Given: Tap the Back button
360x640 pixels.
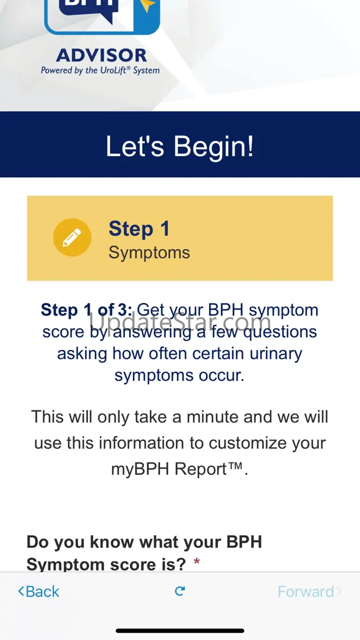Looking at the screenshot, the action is pyautogui.click(x=39, y=592).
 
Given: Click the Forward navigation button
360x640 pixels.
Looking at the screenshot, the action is pyautogui.click(x=309, y=592).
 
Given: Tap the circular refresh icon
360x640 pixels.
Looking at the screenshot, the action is pyautogui.click(x=180, y=591).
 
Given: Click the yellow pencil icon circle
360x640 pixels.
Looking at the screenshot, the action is pyautogui.click(x=72, y=238).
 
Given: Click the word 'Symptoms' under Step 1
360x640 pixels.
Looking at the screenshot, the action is pyautogui.click(x=149, y=253).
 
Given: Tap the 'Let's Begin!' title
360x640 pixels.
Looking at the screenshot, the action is pyautogui.click(x=180, y=146).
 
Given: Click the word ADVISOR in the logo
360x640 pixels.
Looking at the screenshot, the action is pyautogui.click(x=102, y=55).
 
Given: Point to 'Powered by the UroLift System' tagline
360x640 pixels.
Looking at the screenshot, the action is pyautogui.click(x=100, y=70).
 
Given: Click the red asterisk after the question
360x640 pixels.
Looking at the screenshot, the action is pyautogui.click(x=197, y=562).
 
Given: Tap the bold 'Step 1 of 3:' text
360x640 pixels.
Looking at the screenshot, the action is pyautogui.click(x=87, y=310).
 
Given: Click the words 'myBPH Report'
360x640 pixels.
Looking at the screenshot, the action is pyautogui.click(x=177, y=469).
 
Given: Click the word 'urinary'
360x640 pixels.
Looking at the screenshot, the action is pyautogui.click(x=276, y=354).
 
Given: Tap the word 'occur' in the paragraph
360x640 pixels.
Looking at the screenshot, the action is pyautogui.click(x=220, y=375).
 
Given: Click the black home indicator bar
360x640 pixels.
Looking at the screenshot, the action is pyautogui.click(x=180, y=631).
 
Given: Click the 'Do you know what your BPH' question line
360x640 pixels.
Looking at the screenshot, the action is pyautogui.click(x=144, y=542).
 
